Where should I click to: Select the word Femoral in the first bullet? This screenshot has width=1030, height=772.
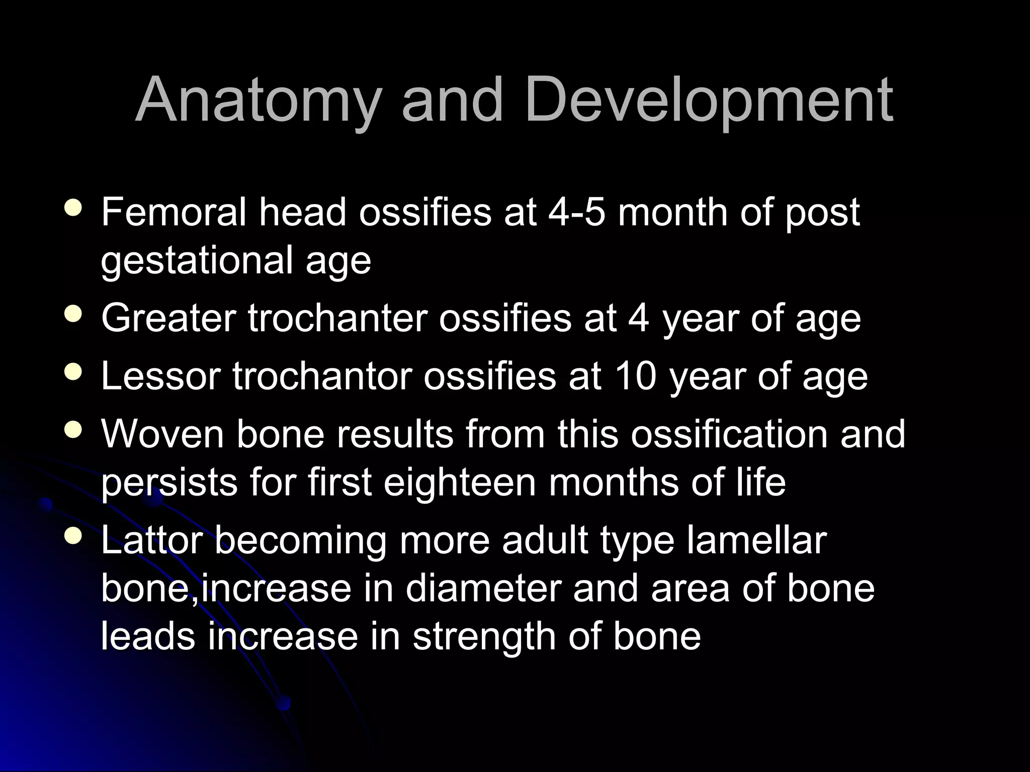coord(174,212)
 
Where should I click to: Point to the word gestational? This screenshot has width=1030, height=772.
coord(197,261)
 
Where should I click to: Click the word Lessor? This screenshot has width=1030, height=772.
coord(161,376)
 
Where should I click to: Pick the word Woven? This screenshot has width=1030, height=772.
coord(162,433)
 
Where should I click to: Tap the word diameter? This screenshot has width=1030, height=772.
coord(483,588)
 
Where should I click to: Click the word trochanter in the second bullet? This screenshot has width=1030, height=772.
coord(337,318)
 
